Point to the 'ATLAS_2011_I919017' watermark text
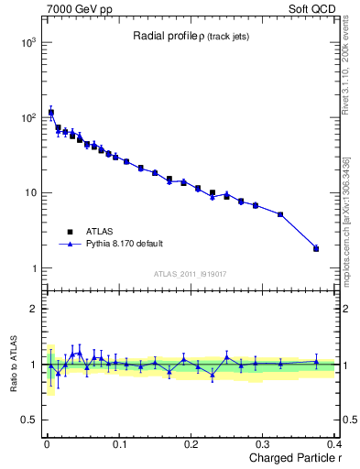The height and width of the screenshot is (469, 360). [190, 273]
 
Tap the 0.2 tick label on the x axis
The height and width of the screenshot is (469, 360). [191, 442]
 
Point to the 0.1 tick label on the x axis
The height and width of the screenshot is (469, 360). [118, 442]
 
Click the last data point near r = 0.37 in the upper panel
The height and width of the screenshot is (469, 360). [316, 248]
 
